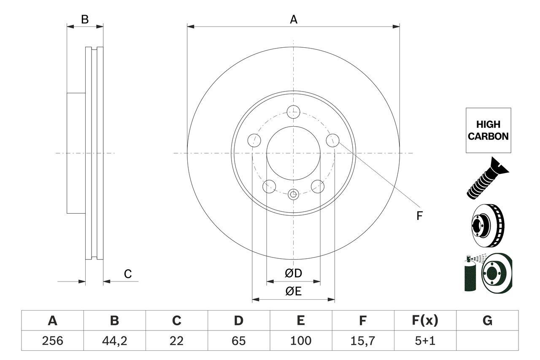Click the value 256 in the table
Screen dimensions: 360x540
52,341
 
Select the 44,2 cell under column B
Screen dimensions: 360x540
114,341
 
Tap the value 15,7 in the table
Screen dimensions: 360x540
362,341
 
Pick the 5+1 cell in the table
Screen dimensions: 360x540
424,341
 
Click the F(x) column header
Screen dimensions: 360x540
424,321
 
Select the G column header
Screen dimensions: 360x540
487,321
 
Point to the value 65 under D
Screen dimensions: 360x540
238,341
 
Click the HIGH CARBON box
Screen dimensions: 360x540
488,130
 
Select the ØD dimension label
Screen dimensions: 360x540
293,273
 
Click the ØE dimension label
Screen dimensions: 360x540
293,292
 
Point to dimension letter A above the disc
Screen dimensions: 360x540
293,19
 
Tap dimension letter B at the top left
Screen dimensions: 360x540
85,19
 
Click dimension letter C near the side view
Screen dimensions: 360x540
128,274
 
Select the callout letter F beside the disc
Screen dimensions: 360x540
419,216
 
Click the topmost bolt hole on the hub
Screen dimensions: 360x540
293,112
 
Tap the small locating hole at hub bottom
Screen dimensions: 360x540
293,195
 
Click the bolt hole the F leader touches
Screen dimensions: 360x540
333,140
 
